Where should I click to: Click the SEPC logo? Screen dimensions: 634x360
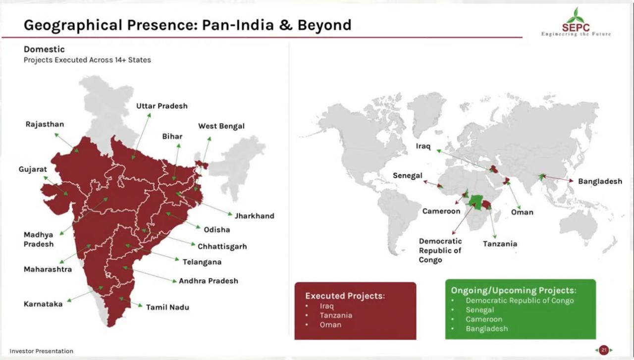(576, 22)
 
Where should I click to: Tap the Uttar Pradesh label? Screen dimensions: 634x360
(162, 106)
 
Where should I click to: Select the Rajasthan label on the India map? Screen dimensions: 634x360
(45, 124)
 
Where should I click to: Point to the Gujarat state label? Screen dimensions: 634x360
(33, 169)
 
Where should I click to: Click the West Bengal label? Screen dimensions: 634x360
(221, 126)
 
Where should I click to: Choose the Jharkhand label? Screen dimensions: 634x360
(255, 216)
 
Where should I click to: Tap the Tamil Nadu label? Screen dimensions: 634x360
(167, 308)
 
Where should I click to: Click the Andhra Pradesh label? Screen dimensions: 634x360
(209, 281)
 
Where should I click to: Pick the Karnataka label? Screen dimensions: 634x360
(43, 304)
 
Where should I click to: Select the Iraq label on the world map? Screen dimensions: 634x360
(423, 146)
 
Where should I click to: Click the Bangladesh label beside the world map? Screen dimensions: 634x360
(600, 181)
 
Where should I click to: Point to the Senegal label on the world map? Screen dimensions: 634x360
(408, 176)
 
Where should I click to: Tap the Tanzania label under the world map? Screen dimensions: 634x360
(500, 244)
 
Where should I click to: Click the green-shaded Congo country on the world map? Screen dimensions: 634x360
(476, 202)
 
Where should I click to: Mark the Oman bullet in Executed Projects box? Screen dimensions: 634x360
(330, 325)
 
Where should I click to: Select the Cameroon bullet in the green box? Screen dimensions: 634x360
(484, 319)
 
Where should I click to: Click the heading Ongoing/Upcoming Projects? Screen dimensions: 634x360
(514, 290)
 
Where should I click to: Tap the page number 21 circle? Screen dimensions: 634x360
(604, 350)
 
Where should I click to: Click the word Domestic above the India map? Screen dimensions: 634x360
(44, 49)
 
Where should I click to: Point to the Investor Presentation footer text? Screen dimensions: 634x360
(41, 351)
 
